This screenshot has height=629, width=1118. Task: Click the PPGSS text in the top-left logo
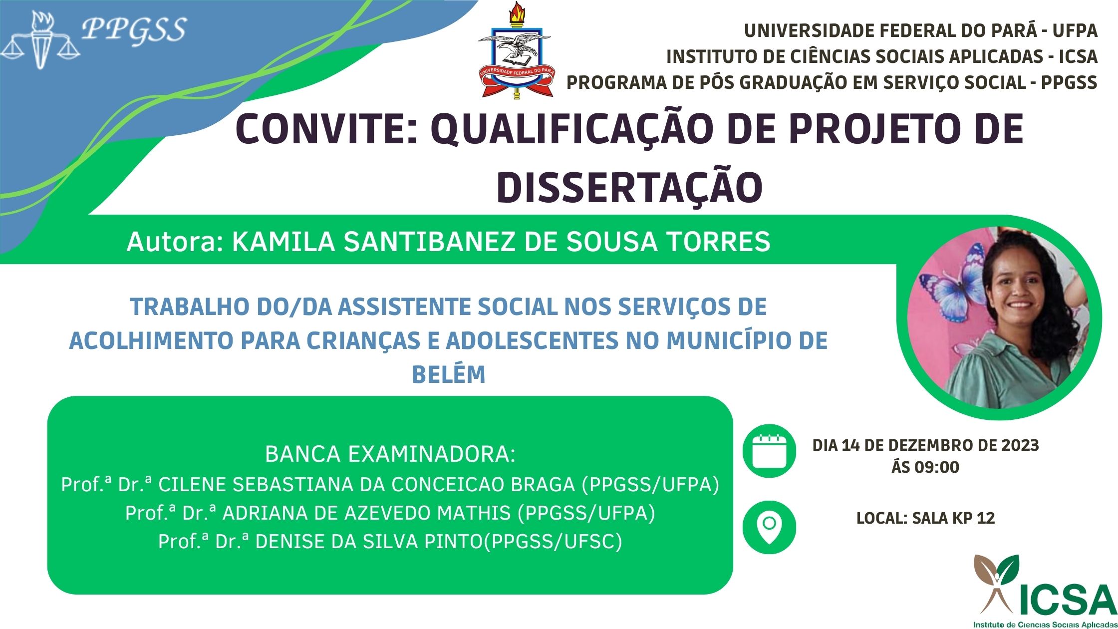click(134, 30)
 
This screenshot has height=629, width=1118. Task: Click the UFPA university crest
click(515, 50)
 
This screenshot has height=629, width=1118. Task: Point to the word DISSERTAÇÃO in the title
click(629, 188)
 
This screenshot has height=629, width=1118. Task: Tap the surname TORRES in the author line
click(719, 242)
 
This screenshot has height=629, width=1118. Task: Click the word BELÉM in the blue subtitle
click(448, 374)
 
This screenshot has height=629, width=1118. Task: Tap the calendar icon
click(769, 451)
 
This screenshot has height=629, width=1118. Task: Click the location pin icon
click(769, 528)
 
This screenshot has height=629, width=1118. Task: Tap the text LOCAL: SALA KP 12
click(925, 518)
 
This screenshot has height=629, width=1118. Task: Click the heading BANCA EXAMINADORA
click(390, 454)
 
